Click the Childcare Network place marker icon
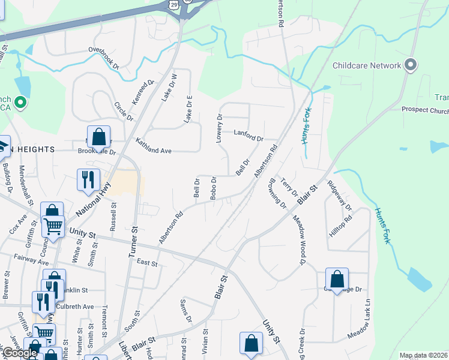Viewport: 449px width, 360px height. [x=411, y=65]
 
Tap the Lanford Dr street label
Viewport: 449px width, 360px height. [x=249, y=136]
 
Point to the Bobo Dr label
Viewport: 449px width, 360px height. [x=213, y=188]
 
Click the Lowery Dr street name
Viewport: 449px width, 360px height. [x=220, y=128]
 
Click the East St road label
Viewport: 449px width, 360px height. [x=146, y=263]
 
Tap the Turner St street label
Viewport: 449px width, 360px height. [x=133, y=242]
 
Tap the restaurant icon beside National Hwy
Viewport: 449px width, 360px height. [x=88, y=179]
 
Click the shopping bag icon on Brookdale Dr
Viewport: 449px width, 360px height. [x=99, y=137]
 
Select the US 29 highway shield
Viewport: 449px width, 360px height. [x=173, y=5]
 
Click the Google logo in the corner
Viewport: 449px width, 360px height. [x=20, y=353]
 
